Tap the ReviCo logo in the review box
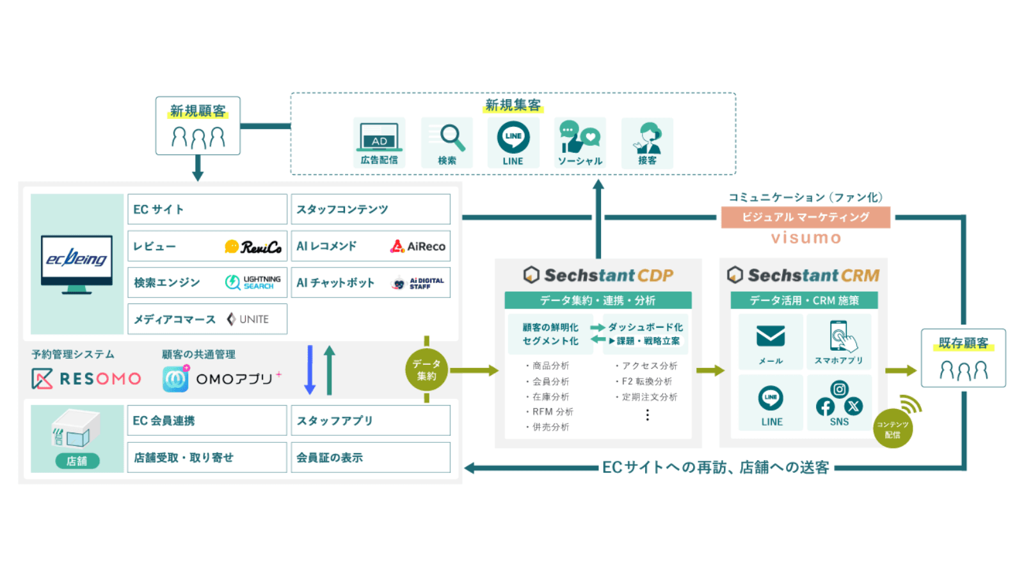pyautogui.click(x=253, y=247)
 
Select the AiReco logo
pyautogui.click(x=418, y=246)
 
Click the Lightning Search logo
pyautogui.click(x=253, y=283)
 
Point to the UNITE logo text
pyautogui.click(x=253, y=319)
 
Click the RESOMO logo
pyautogui.click(x=86, y=379)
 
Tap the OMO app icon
pyautogui.click(x=175, y=379)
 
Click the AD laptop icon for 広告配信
pyautogui.click(x=379, y=137)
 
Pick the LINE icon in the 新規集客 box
pyautogui.click(x=513, y=137)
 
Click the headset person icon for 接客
pyautogui.click(x=648, y=138)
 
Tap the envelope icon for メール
pyautogui.click(x=771, y=336)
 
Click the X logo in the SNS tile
pyautogui.click(x=853, y=406)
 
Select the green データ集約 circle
pyautogui.click(x=426, y=370)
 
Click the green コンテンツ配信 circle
pyautogui.click(x=892, y=429)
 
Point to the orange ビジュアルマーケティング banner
pyautogui.click(x=805, y=217)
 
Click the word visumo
pyautogui.click(x=806, y=238)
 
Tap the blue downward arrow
pyautogui.click(x=310, y=370)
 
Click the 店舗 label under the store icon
pyautogui.click(x=77, y=461)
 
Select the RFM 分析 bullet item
pyautogui.click(x=552, y=412)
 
